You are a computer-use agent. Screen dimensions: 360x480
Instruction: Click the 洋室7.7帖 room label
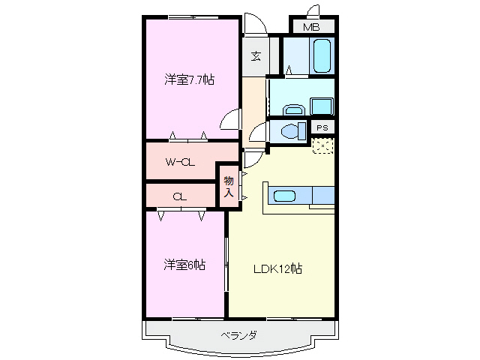[x=189, y=80]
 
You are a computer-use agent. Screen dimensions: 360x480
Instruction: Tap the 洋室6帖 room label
[x=185, y=264]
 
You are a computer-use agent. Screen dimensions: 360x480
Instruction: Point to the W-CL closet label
[x=180, y=161]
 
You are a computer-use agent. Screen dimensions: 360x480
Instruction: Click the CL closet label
[x=178, y=196]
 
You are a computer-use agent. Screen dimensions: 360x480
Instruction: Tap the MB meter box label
[x=310, y=28]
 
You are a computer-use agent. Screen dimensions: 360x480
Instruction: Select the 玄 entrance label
[x=256, y=56]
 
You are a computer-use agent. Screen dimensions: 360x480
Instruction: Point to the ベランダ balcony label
[x=238, y=335]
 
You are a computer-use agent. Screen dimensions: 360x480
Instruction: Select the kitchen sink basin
[x=283, y=196]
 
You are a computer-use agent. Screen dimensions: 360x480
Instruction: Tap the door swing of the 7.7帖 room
[x=231, y=120]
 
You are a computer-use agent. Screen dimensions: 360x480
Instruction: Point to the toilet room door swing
[x=259, y=134]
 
